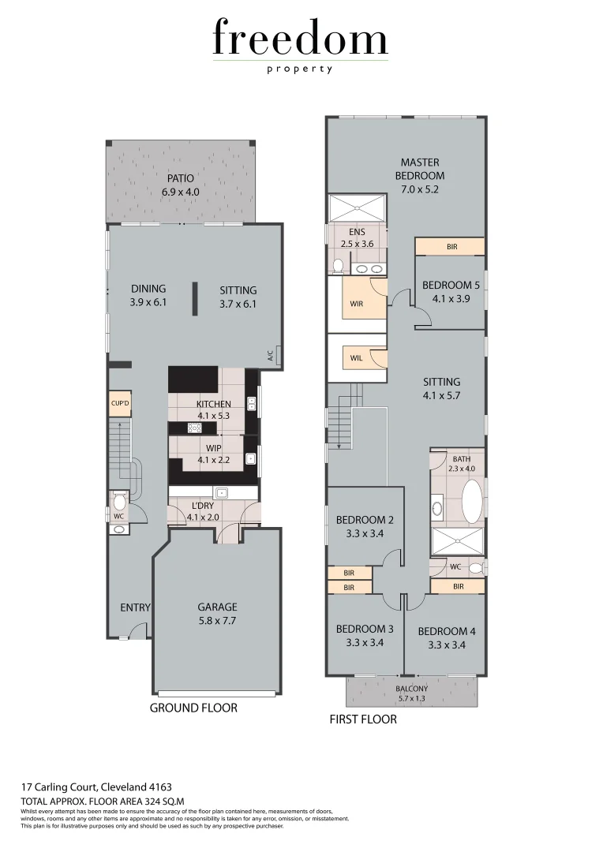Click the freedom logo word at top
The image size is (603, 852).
[300, 39]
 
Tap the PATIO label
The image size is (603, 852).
[180, 178]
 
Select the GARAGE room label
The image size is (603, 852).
[217, 607]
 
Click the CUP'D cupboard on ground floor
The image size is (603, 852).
[121, 403]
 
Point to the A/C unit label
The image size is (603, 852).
[270, 356]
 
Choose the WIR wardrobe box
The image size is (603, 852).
[357, 304]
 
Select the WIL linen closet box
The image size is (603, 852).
[357, 358]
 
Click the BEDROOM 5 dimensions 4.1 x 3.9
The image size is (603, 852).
[451, 299]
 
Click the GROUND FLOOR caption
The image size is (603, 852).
[193, 708]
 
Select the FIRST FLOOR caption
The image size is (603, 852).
[363, 719]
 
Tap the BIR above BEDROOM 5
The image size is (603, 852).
[451, 247]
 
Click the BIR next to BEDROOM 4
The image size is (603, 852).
[458, 586]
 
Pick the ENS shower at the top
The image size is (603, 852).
[358, 209]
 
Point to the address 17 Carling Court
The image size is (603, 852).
[96, 787]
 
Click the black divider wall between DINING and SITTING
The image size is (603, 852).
[193, 299]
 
